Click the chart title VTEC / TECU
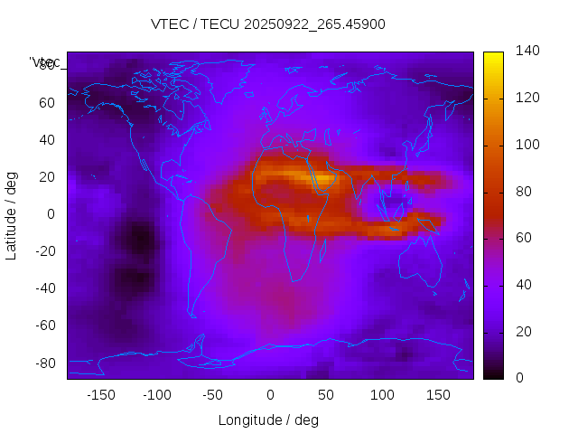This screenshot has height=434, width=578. pyautogui.click(x=267, y=24)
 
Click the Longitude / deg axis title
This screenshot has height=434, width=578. pyautogui.click(x=268, y=420)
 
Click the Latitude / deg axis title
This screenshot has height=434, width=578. pyautogui.click(x=12, y=213)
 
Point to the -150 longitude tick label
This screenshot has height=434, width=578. pyautogui.click(x=101, y=394)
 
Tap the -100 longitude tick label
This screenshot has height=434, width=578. pyautogui.click(x=157, y=394)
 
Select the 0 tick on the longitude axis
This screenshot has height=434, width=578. pyautogui.click(x=270, y=394)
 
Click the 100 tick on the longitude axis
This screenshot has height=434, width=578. pyautogui.click(x=382, y=394)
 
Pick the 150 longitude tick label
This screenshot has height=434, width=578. pyautogui.click(x=438, y=394)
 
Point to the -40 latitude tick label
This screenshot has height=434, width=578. pyautogui.click(x=44, y=288)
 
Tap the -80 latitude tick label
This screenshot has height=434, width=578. pyautogui.click(x=44, y=363)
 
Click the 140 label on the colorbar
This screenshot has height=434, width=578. pyautogui.click(x=528, y=51)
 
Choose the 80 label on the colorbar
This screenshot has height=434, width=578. pyautogui.click(x=525, y=192)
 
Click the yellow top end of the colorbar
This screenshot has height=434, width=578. pyautogui.click(x=493, y=57)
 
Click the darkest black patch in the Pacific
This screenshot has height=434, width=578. pyautogui.click(x=140, y=241)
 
